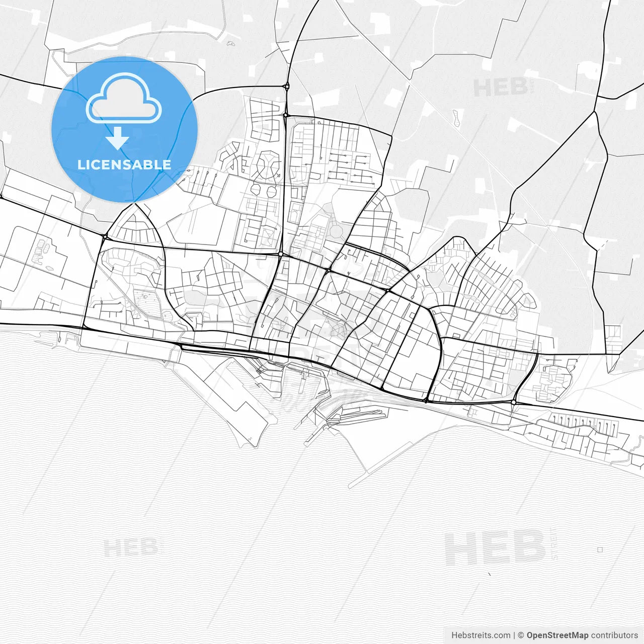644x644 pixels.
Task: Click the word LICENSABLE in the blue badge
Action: coord(124,165)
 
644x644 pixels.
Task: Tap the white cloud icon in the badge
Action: coord(124,98)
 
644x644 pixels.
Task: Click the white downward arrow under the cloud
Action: coord(117,138)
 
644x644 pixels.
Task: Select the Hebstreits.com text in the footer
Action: coord(480,635)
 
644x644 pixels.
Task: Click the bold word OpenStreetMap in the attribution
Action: coord(557,635)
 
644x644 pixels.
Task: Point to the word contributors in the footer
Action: coord(614,635)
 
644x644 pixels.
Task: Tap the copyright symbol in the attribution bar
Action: coord(521,635)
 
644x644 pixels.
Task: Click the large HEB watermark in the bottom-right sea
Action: coord(496,548)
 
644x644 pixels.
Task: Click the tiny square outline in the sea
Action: coord(600,550)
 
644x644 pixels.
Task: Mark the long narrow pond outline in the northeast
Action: coord(457,119)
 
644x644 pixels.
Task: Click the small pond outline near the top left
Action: coord(231,44)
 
